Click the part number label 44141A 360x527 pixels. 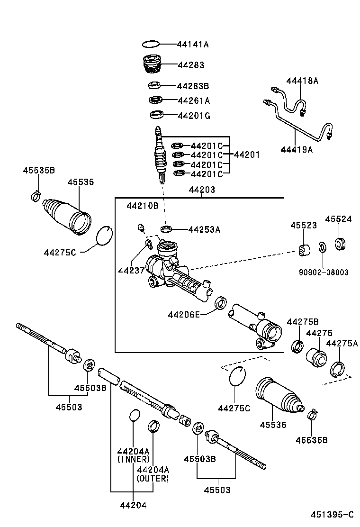point(193,45)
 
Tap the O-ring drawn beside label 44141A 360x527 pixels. point(151,45)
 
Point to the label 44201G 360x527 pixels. point(194,116)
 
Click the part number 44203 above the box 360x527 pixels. point(202,190)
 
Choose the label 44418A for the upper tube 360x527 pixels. point(302,81)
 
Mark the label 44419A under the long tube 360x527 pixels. point(297,149)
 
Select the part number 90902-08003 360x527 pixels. point(324,273)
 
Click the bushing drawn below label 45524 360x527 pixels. point(341,244)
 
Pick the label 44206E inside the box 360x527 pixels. point(184,314)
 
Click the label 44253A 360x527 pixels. point(204,229)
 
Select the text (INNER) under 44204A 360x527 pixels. point(133,459)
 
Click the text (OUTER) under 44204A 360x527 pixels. point(153,478)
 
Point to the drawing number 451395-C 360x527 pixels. point(332,515)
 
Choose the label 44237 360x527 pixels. point(130,270)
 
